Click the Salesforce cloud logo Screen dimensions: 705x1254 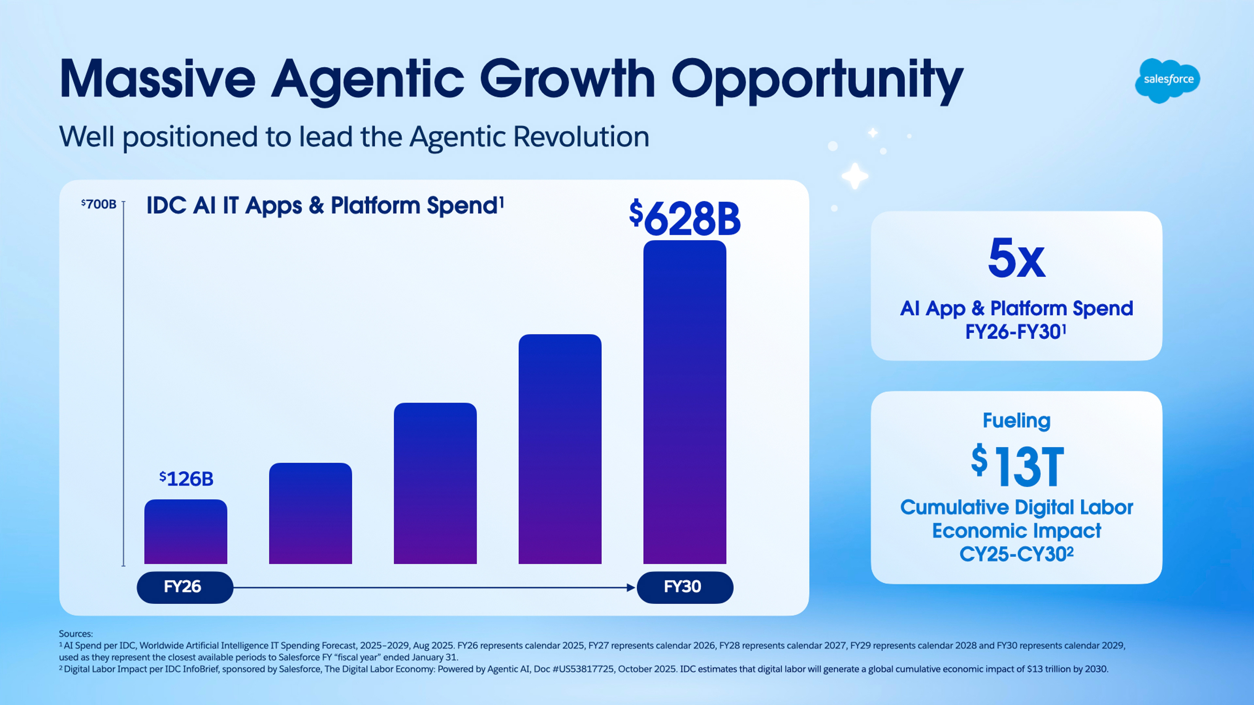point(1167,80)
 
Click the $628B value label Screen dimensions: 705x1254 point(684,218)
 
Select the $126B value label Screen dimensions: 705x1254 point(186,479)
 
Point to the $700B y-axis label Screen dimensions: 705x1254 point(99,204)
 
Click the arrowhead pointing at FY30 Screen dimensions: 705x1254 point(631,588)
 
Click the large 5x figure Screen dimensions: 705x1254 point(1016,258)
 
